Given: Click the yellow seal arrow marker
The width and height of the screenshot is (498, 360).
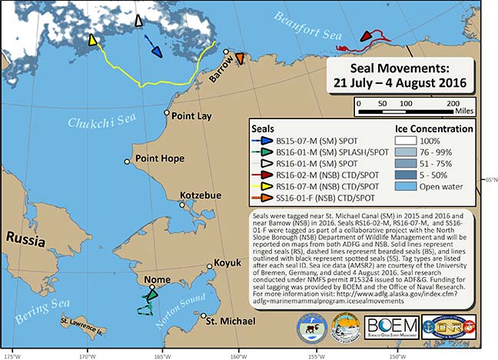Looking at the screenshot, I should coord(93,40).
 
